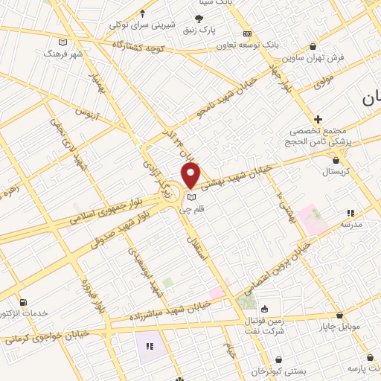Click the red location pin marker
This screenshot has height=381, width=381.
pyautogui.click(x=190, y=175)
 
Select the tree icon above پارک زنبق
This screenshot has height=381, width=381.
pyautogui.click(x=199, y=19)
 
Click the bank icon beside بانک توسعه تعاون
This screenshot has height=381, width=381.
pyautogui.click(x=247, y=33)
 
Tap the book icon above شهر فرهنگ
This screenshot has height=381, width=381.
pyautogui.click(x=63, y=42)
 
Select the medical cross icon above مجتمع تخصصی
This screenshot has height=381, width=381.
pyautogui.click(x=318, y=119)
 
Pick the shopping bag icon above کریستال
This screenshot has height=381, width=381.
pyautogui.click(x=336, y=159)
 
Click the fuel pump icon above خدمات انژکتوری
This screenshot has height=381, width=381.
pyautogui.click(x=24, y=303)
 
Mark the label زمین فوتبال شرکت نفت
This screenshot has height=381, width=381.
pyautogui.click(x=265, y=325)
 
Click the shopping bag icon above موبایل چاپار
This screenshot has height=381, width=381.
pyautogui.click(x=345, y=307)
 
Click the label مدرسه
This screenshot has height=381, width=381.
pyautogui.click(x=351, y=223)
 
